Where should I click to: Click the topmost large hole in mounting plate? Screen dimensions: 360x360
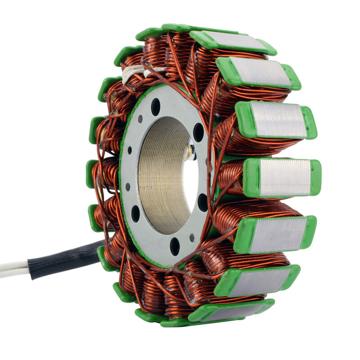point(156,107)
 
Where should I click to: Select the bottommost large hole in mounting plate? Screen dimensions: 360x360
point(175,246)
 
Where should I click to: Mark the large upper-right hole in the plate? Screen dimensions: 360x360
point(198,132)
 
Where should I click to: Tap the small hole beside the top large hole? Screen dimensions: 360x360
point(140,119)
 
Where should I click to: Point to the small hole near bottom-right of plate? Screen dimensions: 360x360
point(192,237)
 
